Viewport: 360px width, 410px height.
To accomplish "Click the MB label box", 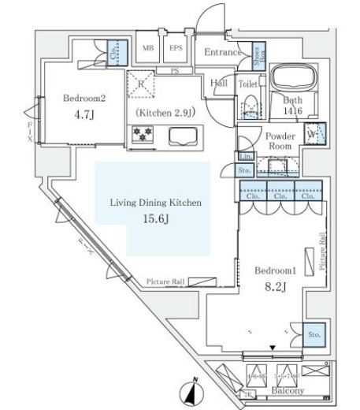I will pos(147,48).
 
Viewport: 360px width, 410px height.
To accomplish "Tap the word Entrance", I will pos(222,53).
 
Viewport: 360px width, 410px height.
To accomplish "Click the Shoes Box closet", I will pos(259,52).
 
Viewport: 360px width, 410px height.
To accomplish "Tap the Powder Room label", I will pos(280,141).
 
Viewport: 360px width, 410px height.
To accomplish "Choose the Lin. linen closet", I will pos(244,156).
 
